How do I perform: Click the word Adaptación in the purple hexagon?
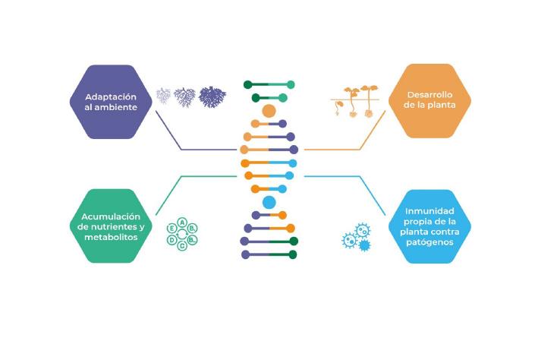point(111,96)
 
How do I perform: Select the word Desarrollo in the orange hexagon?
point(429,94)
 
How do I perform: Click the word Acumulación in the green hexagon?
point(111,216)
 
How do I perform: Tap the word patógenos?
point(429,242)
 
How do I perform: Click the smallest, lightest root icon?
point(163,96)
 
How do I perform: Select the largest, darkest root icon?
point(212,96)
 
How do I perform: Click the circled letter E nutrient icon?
point(172,227)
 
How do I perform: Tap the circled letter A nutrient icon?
point(182,221)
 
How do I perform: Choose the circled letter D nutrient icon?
point(172,240)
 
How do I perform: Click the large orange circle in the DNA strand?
point(269,111)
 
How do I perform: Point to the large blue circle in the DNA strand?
point(269,203)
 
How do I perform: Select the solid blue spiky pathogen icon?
point(363,245)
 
